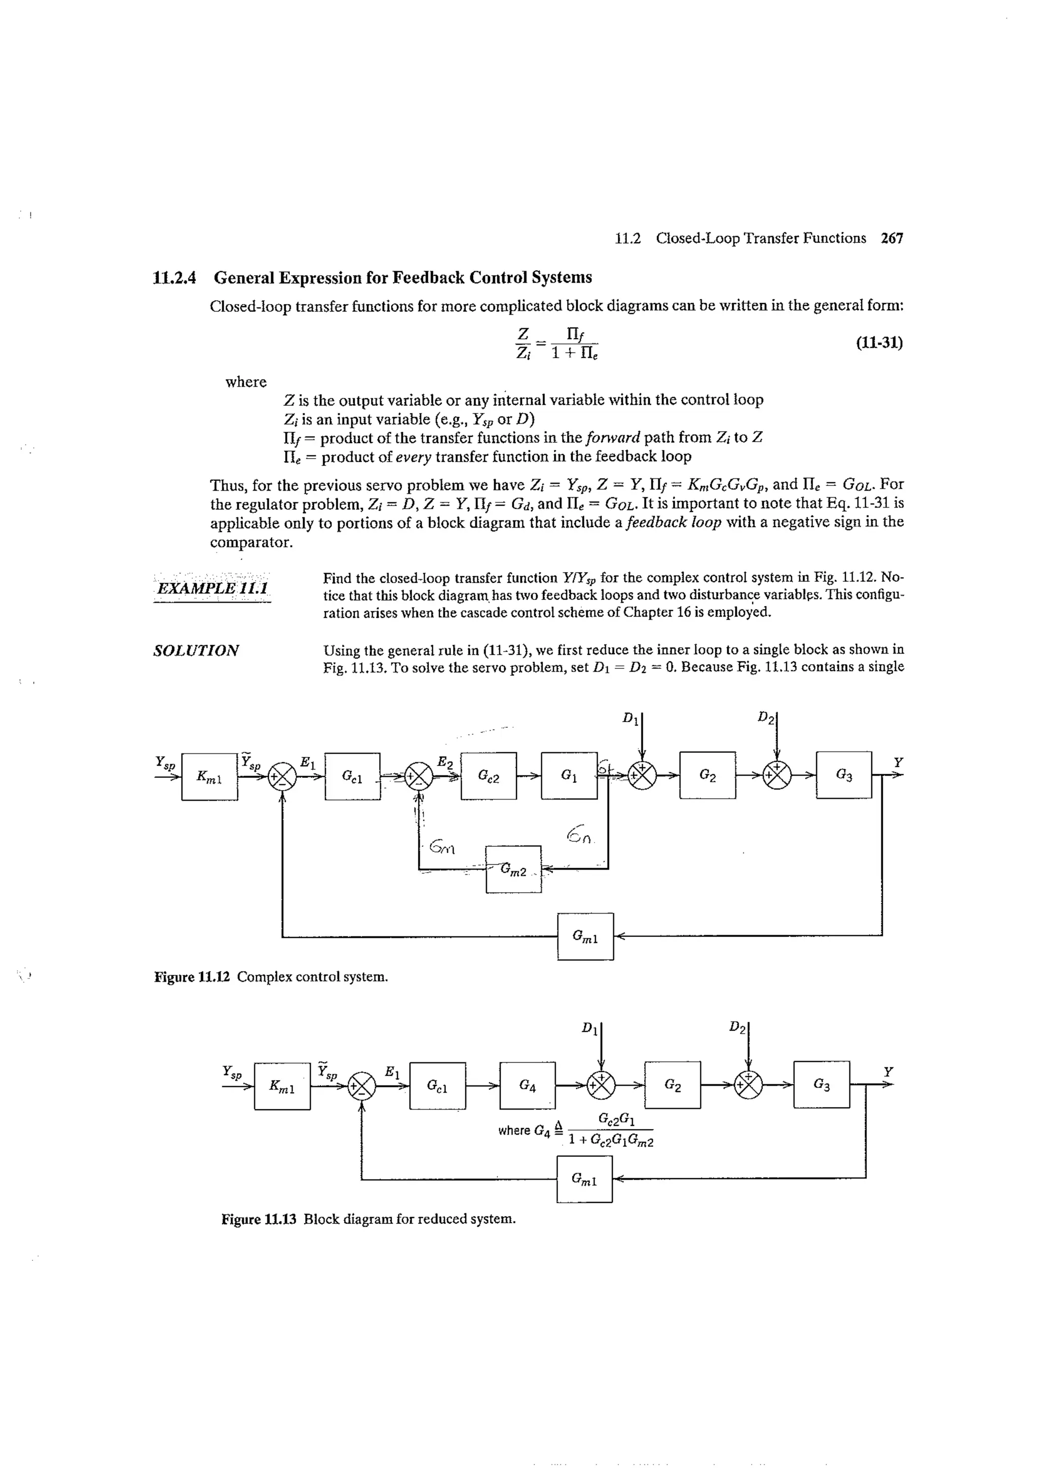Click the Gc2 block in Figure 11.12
click(x=488, y=776)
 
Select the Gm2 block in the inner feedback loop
click(x=513, y=869)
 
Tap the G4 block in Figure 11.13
click(x=527, y=1085)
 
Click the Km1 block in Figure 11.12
click(x=209, y=776)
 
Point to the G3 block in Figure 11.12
click(x=843, y=775)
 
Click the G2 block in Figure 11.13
click(x=672, y=1084)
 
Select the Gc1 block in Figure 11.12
click(x=352, y=776)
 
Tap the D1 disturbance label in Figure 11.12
click(x=631, y=718)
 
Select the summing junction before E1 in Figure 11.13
click(x=362, y=1085)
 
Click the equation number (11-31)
click(x=879, y=343)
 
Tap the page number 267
click(x=892, y=239)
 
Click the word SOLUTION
click(x=196, y=651)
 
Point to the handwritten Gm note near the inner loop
click(x=442, y=847)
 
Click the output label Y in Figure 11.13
click(x=887, y=1071)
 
